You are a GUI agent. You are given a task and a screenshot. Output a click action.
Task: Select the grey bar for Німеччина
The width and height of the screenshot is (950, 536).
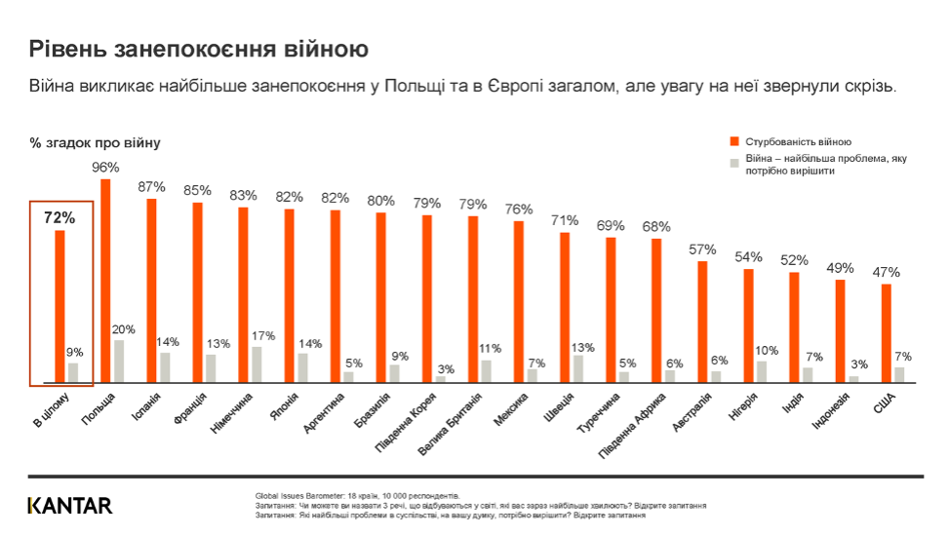point(257,364)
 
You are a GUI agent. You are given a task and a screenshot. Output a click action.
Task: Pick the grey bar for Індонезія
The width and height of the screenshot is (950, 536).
point(853,378)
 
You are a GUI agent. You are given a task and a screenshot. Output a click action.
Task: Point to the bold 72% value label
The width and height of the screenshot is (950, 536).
point(59,218)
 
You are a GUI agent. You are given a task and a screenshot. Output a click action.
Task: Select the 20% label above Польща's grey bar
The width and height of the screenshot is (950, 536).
point(124,329)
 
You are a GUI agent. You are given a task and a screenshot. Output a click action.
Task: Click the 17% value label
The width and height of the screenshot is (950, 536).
point(261,336)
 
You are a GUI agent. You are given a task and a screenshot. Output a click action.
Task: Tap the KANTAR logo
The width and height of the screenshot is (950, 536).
point(69,505)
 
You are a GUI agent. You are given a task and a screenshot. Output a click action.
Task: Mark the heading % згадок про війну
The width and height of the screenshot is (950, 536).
point(95,143)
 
